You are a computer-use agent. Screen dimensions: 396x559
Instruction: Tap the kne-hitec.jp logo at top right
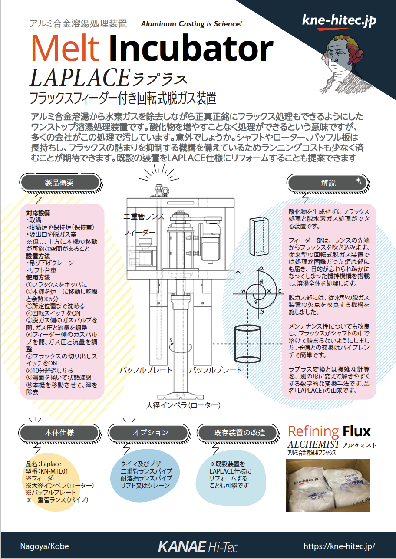[x=339, y=21]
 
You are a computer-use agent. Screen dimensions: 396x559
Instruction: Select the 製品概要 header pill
[x=59, y=182]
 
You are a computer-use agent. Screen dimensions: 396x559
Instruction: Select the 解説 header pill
[x=329, y=183]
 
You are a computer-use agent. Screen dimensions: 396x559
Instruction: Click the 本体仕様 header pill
[x=59, y=432]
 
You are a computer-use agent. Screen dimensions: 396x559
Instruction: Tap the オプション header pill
[x=150, y=432]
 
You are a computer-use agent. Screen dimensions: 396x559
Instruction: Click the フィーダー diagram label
[x=139, y=232]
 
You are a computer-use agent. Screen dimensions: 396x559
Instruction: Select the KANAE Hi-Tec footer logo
[x=198, y=546]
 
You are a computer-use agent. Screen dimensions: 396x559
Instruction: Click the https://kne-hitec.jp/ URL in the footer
[x=339, y=546]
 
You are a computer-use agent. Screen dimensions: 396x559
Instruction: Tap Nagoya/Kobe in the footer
[x=44, y=546]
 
